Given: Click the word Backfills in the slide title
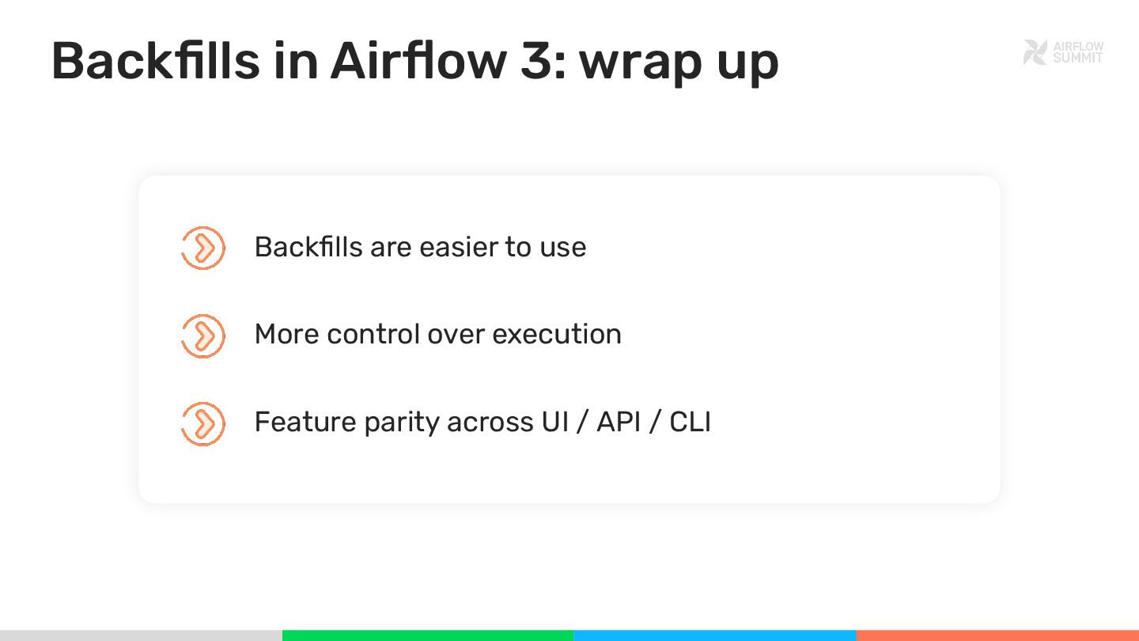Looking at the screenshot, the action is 156,60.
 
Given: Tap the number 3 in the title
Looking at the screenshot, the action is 538,60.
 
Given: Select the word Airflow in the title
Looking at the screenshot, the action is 418,60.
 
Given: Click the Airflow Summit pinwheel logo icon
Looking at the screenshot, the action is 1035,52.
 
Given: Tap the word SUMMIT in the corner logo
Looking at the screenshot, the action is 1077,58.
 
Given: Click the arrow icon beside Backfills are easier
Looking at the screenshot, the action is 203,248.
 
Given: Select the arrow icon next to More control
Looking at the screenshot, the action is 203,336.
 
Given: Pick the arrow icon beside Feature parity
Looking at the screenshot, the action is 203,423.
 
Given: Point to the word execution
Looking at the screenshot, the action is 557,335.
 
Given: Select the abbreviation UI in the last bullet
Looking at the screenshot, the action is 555,422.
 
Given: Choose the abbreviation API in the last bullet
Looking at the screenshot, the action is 619,422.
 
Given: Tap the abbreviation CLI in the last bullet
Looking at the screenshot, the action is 690,422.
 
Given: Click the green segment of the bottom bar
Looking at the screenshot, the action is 427,635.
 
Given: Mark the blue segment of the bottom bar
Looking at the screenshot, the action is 714,635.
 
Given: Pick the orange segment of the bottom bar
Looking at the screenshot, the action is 997,635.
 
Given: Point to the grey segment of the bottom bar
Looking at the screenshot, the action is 141,635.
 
